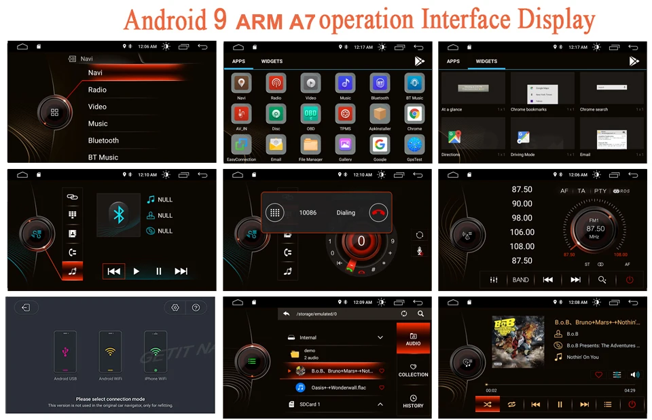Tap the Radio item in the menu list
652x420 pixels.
point(97,90)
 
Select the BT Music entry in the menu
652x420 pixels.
point(103,157)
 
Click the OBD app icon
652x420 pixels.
point(310,114)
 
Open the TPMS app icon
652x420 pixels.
point(345,114)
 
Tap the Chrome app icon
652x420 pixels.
point(414,114)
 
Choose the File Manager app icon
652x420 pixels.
point(310,145)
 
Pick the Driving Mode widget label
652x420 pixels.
point(522,154)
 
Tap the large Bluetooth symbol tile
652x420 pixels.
point(119,214)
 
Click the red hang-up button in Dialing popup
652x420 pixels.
point(378,212)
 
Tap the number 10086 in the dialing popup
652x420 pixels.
point(308,212)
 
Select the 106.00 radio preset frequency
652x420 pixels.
point(522,232)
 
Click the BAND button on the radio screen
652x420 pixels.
point(520,280)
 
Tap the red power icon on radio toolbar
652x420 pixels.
point(630,280)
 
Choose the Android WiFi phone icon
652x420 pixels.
point(110,351)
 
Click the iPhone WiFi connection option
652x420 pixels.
point(155,351)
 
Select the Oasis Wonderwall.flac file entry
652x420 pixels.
point(335,387)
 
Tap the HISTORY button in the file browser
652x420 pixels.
point(413,400)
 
